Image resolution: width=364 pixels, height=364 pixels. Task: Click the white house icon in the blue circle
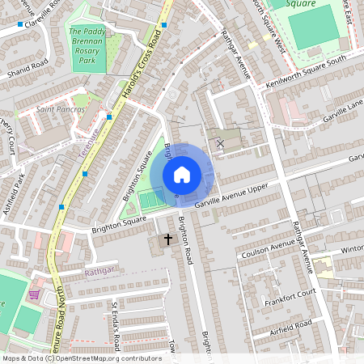pyautogui.click(x=182, y=175)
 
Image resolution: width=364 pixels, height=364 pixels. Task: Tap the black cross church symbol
pyautogui.click(x=169, y=239)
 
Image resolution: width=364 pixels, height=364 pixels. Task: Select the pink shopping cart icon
pyautogui.click(x=34, y=294)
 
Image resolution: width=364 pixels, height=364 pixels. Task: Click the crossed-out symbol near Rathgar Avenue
pyautogui.click(x=220, y=143)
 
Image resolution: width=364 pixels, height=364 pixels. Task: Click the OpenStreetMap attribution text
pyautogui.click(x=81, y=358)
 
